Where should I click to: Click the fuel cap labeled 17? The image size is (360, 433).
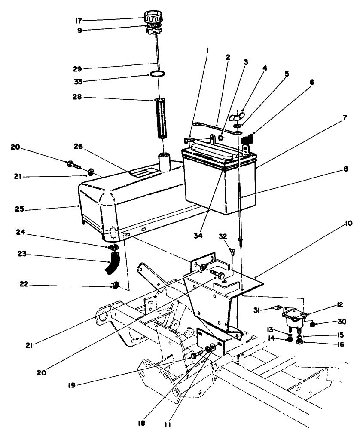[x=153, y=18]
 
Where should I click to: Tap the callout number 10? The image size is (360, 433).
[x=348, y=224]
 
